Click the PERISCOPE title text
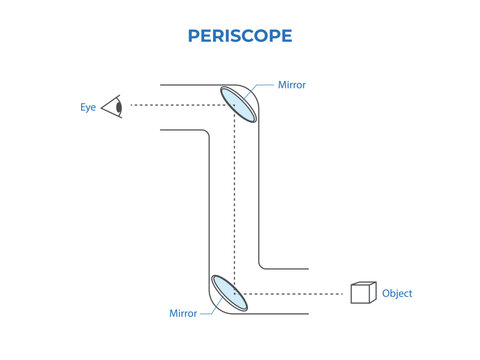tap(240, 35)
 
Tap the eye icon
tap(113, 105)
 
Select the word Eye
tap(88, 105)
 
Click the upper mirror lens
tap(238, 104)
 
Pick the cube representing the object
tap(362, 293)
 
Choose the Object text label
tap(397, 294)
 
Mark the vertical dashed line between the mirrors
tap(233, 200)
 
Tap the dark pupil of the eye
tap(119, 105)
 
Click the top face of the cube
tap(363, 285)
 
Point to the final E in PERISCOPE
tap(286, 35)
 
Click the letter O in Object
tap(386, 294)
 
